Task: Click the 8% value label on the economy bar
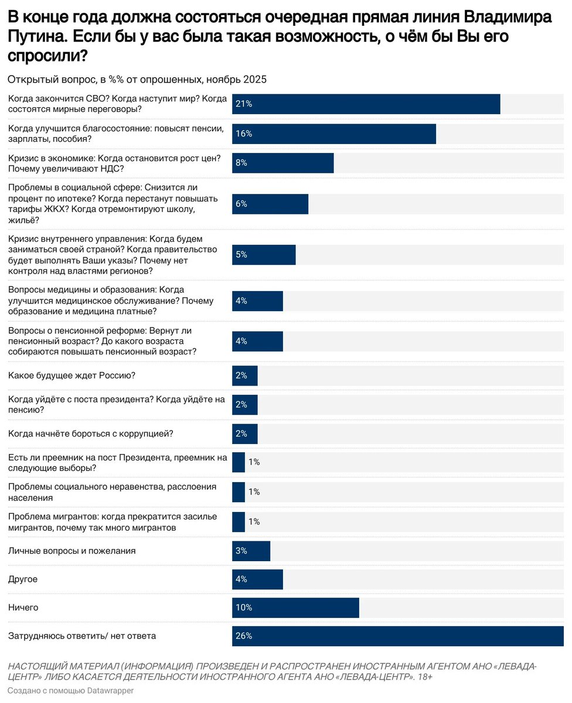click(241, 163)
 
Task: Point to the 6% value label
click(241, 204)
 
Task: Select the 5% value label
click(241, 255)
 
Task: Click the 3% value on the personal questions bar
click(241, 551)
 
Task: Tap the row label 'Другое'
click(23, 579)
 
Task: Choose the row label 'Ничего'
click(23, 608)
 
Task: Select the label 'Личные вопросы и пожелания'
click(72, 551)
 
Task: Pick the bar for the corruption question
click(245, 434)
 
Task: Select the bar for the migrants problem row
click(239, 521)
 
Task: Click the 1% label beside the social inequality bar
click(254, 492)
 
